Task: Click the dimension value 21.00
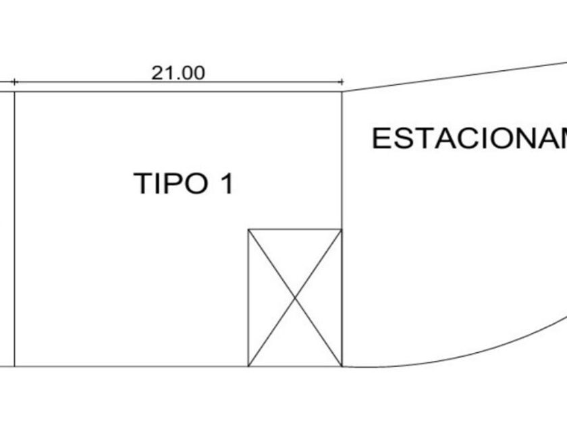click(178, 73)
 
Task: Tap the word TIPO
click(169, 183)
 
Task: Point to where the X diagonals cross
click(295, 298)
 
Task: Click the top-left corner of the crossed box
click(248, 229)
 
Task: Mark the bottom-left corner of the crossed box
click(248, 366)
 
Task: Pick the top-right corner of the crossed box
click(342, 229)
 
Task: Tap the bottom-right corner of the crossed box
click(342, 366)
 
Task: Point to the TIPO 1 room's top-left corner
click(14, 92)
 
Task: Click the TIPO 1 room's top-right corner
click(342, 92)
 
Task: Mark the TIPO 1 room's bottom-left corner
click(14, 366)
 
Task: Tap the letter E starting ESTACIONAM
click(381, 138)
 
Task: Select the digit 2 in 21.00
click(157, 73)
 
